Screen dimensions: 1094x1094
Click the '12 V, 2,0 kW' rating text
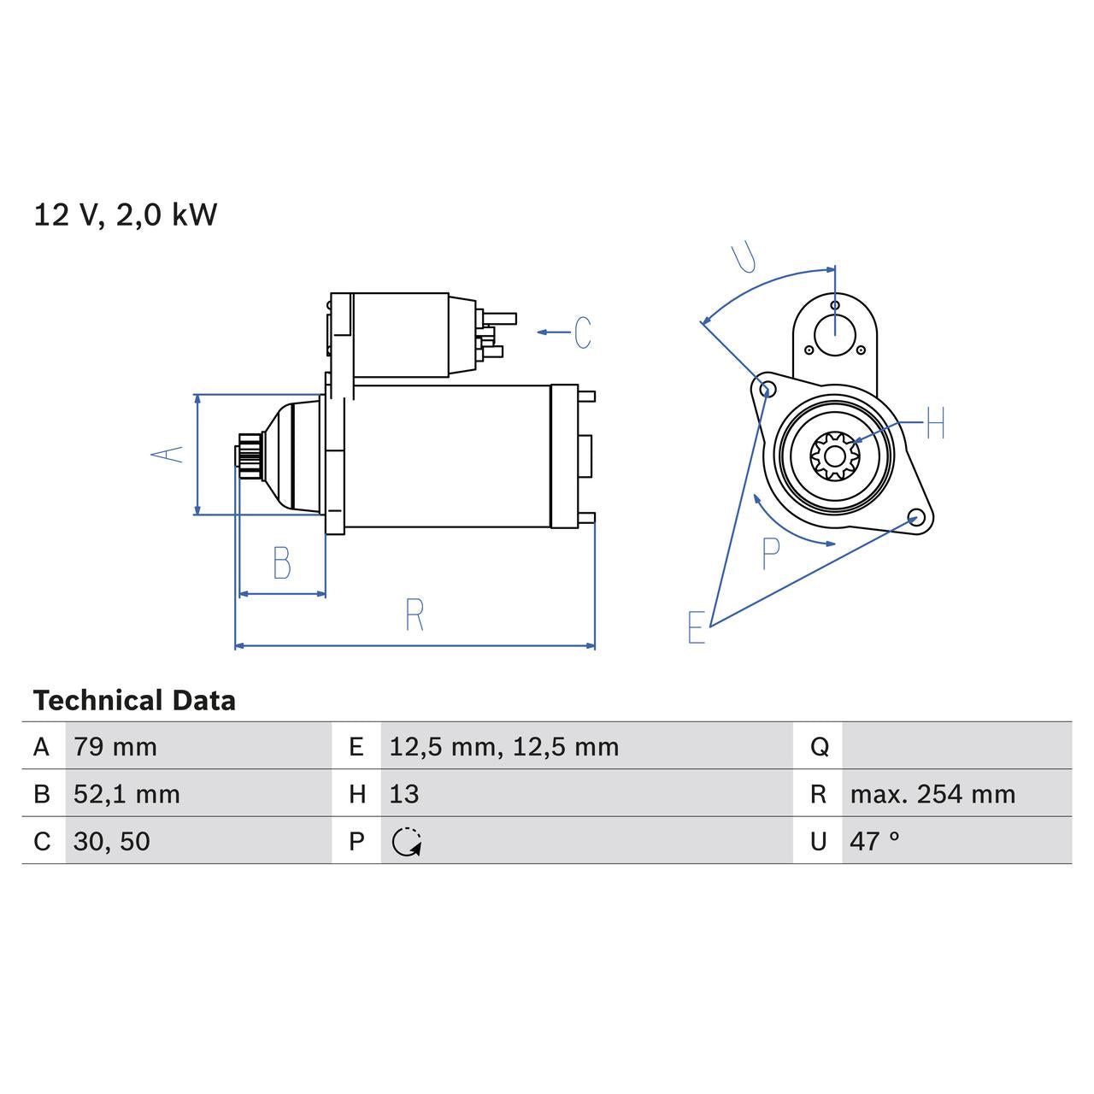pyautogui.click(x=125, y=215)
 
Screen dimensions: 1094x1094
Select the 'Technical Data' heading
pyautogui.click(x=134, y=701)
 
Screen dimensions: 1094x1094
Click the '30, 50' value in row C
pyautogui.click(x=112, y=841)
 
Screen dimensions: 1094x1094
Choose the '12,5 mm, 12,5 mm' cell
pyautogui.click(x=503, y=747)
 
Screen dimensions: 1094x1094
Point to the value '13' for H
pyautogui.click(x=404, y=794)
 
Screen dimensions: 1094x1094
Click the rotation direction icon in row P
pyautogui.click(x=407, y=842)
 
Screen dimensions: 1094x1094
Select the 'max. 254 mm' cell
pyautogui.click(x=932, y=794)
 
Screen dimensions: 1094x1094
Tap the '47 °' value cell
pyautogui.click(x=874, y=841)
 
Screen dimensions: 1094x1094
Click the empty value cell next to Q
pyautogui.click(x=956, y=747)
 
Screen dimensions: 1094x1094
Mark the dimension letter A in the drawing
pyautogui.click(x=168, y=454)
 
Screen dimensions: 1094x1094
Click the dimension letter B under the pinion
pyautogui.click(x=282, y=563)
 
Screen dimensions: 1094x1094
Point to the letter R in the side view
pyautogui.click(x=415, y=615)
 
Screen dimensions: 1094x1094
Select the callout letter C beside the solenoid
pyautogui.click(x=582, y=332)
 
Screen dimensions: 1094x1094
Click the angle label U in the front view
pyautogui.click(x=744, y=257)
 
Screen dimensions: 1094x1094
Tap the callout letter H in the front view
pyautogui.click(x=936, y=423)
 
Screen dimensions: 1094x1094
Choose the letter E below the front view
pyautogui.click(x=697, y=627)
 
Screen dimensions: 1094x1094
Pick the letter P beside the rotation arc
pyautogui.click(x=771, y=554)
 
